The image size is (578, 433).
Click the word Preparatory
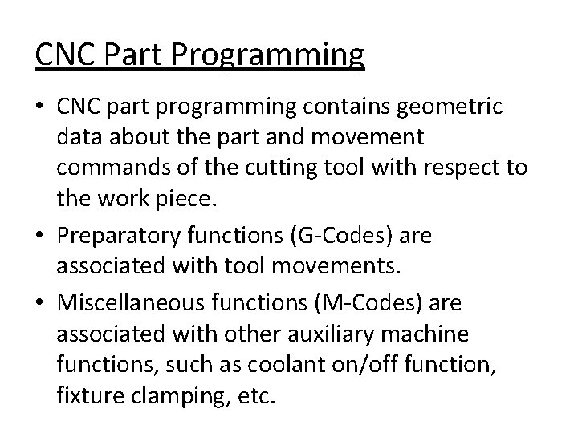pyautogui.click(x=114, y=236)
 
